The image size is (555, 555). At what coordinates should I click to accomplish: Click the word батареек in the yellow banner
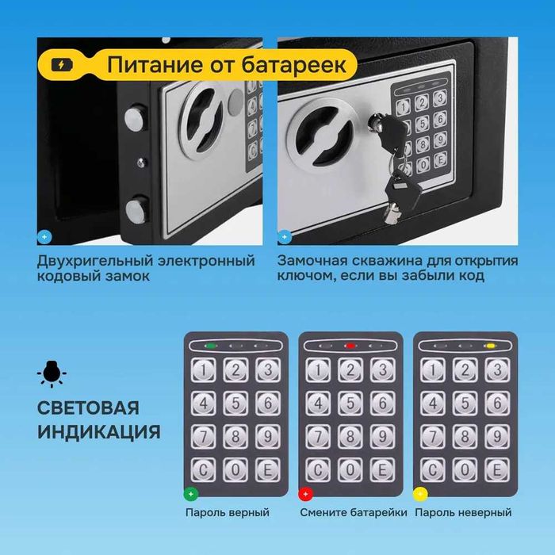[295, 63]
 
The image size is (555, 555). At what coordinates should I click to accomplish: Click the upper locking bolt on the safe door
[136, 120]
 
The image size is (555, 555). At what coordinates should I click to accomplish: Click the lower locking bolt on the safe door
[136, 210]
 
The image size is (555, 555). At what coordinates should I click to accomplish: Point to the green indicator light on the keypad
[212, 346]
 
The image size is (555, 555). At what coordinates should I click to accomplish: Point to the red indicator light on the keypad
[350, 346]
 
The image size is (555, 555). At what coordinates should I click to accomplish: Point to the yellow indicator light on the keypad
[490, 346]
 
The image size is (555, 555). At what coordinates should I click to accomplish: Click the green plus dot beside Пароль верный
[190, 494]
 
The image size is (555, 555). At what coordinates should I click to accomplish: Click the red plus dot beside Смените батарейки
[304, 494]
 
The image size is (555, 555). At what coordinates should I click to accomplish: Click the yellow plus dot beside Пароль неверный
[421, 494]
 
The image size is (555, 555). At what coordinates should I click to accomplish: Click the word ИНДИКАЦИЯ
[98, 432]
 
